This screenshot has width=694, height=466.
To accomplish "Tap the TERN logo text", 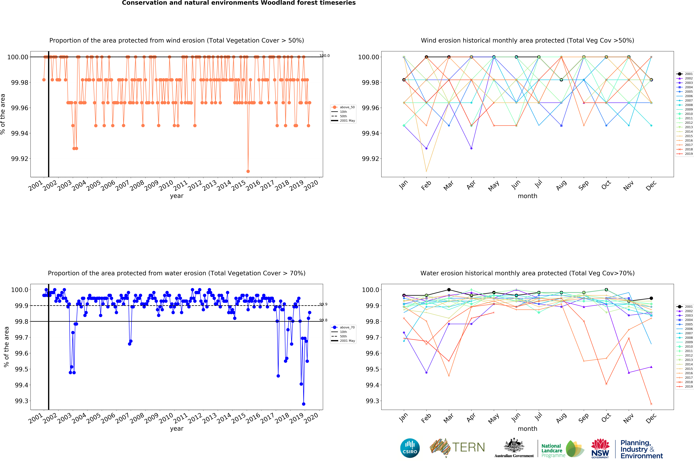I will tap(468, 447).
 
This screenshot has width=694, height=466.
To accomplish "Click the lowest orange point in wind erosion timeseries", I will tap(248, 171).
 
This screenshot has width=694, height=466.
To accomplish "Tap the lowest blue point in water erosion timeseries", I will tap(304, 404).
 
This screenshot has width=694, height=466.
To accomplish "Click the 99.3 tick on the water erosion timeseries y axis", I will tap(21, 401).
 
